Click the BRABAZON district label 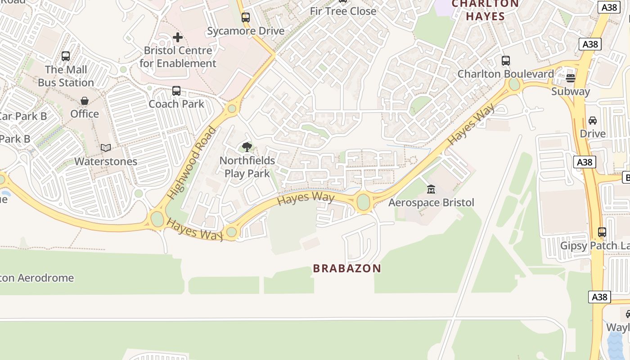coord(347,269)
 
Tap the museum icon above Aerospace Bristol coord(431,189)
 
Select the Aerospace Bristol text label coord(431,202)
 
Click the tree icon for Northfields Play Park coord(247,147)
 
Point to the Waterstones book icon coord(106,148)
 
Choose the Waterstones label coord(106,161)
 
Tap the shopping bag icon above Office coord(85,100)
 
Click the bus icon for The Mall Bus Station coord(66,56)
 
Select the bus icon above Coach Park coord(176,91)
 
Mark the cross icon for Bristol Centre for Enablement coord(178,37)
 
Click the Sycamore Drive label coord(246,31)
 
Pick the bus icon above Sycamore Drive coord(245,18)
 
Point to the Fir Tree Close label coord(343,11)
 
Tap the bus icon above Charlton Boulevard coord(506,60)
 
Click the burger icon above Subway coord(571,78)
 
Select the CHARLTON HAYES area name coord(485,10)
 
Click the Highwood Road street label coord(192,163)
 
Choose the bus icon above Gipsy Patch coord(602,232)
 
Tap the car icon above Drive coord(593,120)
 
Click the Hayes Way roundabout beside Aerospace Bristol coord(363,202)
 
